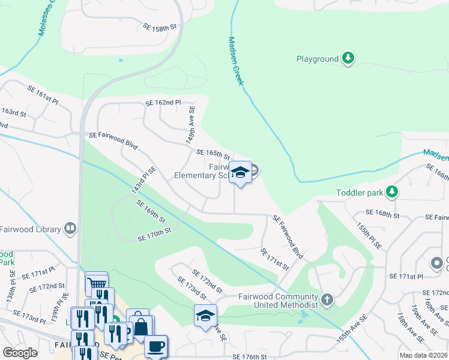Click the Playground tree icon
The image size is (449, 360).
pyautogui.click(x=348, y=59)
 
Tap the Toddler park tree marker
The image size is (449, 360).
pyautogui.click(x=392, y=192)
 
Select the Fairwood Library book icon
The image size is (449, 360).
pyautogui.click(x=70, y=229)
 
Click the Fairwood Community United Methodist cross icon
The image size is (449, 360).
pyautogui.click(x=327, y=298)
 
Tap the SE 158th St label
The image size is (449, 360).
pyautogui.click(x=161, y=28)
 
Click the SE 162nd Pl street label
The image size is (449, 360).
pyautogui.click(x=163, y=103)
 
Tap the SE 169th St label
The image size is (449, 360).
pyautogui.click(x=150, y=211)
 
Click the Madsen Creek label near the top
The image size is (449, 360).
pyautogui.click(x=235, y=61)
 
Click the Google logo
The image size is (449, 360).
pyautogui.click(x=20, y=353)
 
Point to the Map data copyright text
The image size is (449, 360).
pyautogui.click(x=423, y=355)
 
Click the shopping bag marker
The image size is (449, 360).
pyautogui.click(x=140, y=327)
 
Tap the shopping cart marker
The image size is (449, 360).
pyautogui.click(x=96, y=283)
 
